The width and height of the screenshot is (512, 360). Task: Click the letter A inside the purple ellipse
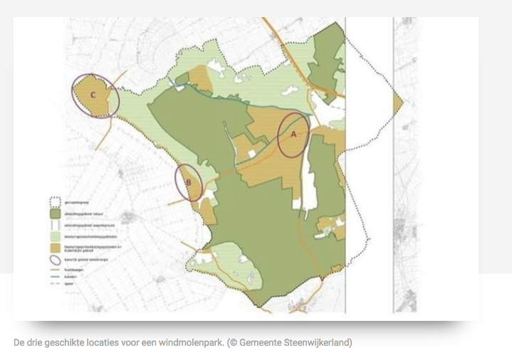pyautogui.click(x=293, y=133)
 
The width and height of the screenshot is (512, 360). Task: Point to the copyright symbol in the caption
pyautogui.click(x=233, y=343)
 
